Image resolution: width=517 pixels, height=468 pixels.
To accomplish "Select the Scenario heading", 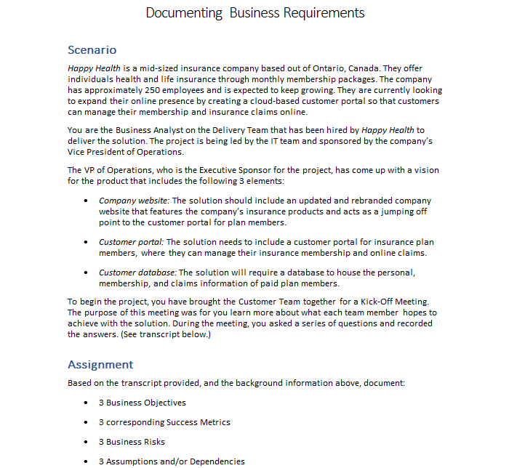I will click(92, 50).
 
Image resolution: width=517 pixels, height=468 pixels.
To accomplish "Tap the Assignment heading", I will click(100, 364).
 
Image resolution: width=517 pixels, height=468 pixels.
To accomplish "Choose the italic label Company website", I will click(133, 201).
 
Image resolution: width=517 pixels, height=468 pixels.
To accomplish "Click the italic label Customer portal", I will click(132, 242).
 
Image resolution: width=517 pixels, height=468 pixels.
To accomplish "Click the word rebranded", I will click(334, 201).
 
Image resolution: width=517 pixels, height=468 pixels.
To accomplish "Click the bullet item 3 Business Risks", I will click(132, 442).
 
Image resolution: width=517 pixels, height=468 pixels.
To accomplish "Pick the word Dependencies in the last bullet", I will click(216, 461).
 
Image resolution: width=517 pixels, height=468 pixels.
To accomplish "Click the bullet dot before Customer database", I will click(87, 273).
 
